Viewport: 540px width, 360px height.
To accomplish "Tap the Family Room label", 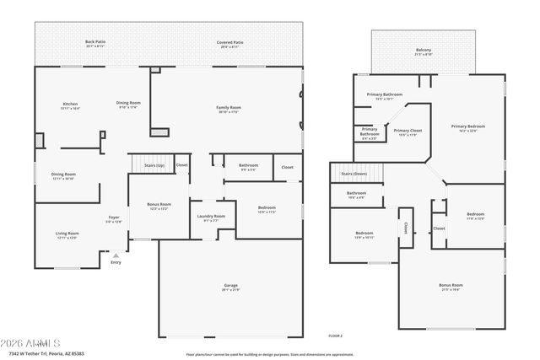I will tap(229, 108).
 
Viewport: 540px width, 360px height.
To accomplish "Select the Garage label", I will tap(230, 286).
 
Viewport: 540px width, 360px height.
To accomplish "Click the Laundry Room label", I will tap(211, 217).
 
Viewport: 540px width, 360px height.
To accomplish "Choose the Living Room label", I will tap(67, 234).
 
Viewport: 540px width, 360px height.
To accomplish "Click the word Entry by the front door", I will tap(116, 262).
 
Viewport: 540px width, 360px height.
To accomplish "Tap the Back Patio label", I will tap(94, 41).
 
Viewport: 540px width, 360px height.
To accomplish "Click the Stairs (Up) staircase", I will tap(152, 165).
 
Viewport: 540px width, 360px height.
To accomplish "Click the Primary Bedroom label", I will tap(473, 126).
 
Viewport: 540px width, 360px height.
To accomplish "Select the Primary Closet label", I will tap(408, 131).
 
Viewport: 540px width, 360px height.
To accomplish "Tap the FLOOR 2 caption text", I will tap(335, 336).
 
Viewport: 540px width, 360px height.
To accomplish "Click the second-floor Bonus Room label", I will tap(451, 286).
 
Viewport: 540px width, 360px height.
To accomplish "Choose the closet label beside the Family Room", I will tap(287, 166).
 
